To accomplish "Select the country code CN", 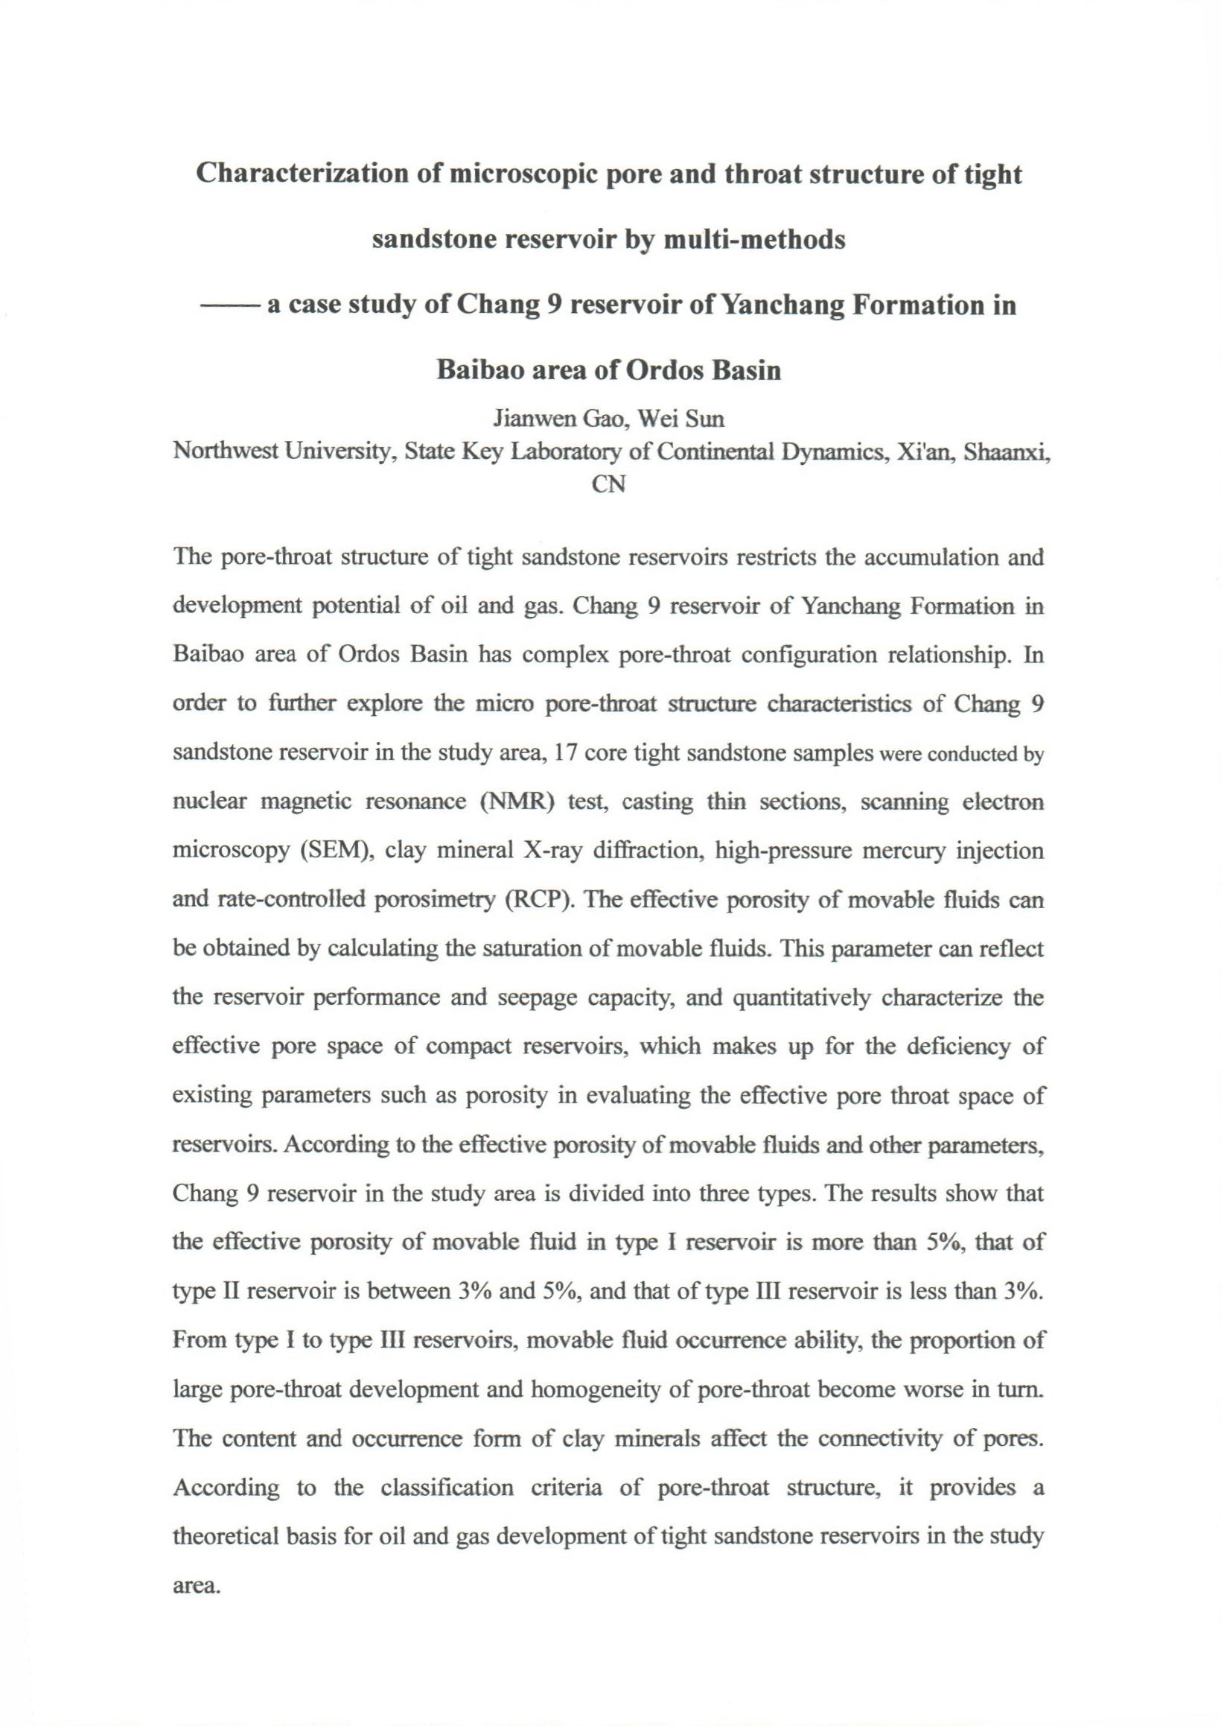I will click(609, 485).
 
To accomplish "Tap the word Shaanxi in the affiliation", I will click(1006, 451).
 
